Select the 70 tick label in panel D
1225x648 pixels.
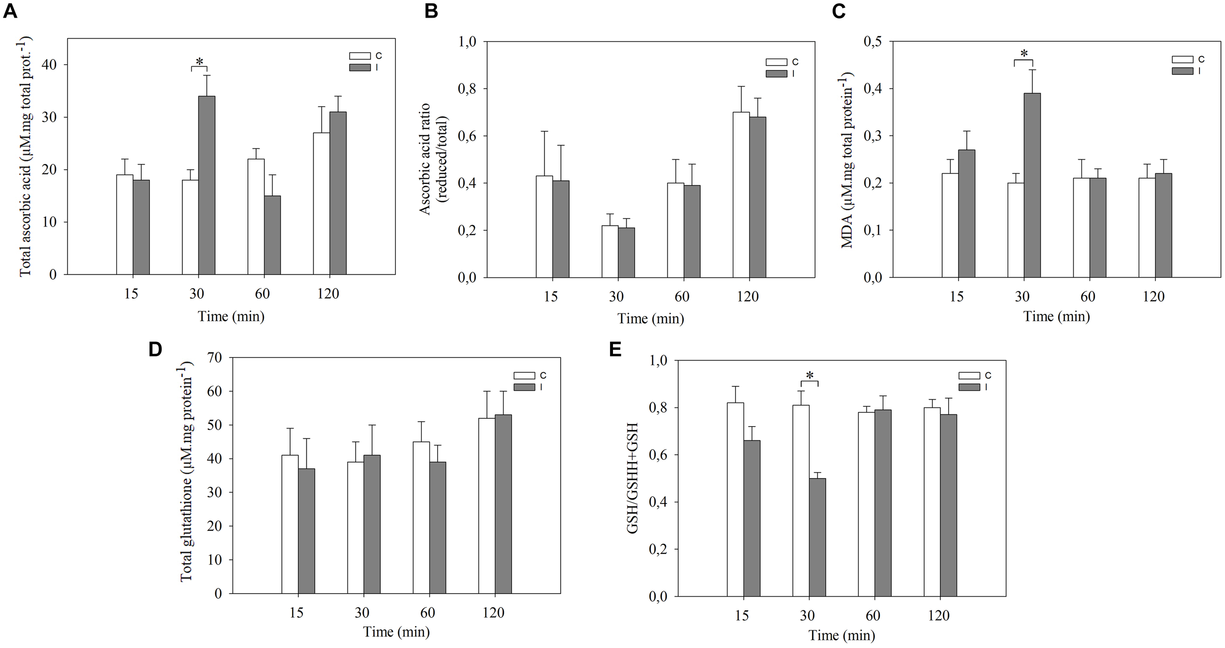[215, 358]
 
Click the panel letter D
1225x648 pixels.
[155, 350]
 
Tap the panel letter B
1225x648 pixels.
[431, 11]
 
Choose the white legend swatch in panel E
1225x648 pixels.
[969, 376]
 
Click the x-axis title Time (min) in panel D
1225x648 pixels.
[396, 632]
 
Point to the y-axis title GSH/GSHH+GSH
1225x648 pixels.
[633, 478]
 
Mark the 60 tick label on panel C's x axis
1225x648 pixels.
[1088, 296]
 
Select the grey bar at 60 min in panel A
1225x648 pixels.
[272, 235]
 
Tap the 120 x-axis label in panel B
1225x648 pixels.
[747, 296]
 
